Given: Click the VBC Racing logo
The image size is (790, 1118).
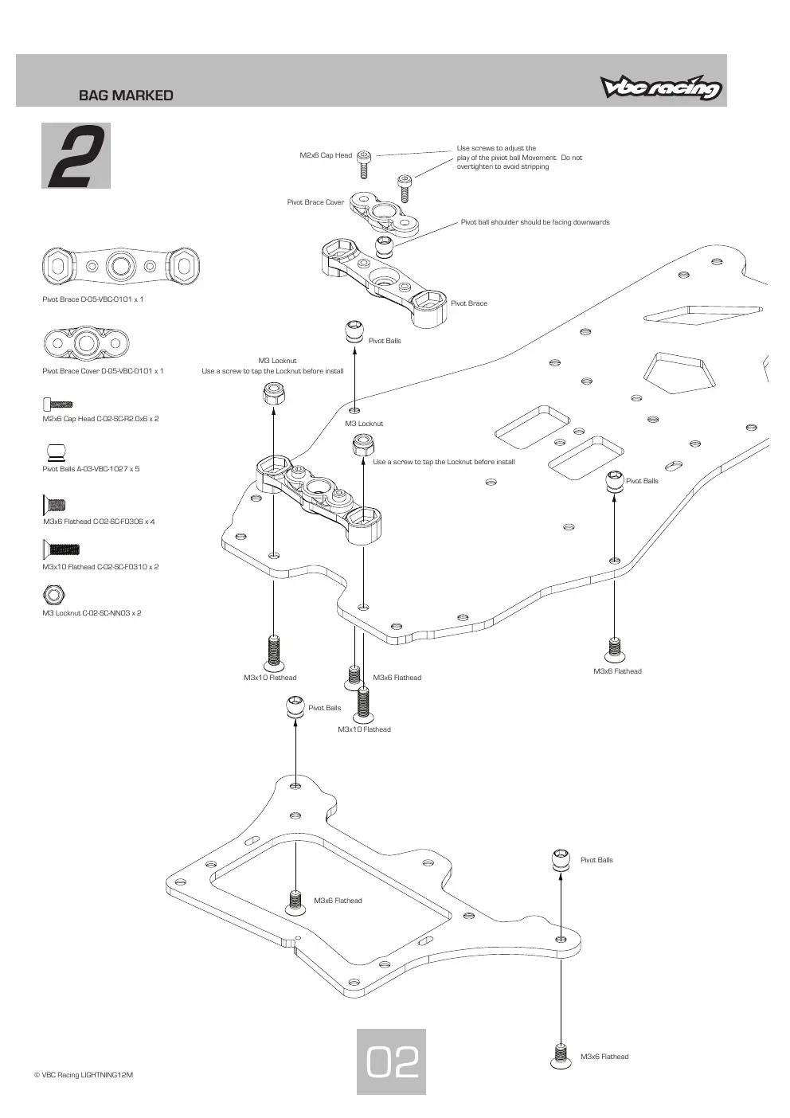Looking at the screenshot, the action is coord(661,88).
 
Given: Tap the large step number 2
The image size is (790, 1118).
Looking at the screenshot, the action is coord(76,156).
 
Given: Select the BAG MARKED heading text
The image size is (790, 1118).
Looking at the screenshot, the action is coord(126,96).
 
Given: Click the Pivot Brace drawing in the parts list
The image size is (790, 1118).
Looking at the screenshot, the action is coord(121,266).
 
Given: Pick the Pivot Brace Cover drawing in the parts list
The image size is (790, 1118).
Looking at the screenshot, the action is coord(86,343).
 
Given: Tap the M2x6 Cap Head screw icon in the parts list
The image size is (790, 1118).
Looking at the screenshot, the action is coord(58,404).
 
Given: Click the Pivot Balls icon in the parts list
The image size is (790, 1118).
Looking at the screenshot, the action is coord(56,452).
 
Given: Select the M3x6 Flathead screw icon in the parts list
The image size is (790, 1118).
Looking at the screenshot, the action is coord(54,505).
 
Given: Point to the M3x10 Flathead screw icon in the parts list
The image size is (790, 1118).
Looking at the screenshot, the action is coord(61,549).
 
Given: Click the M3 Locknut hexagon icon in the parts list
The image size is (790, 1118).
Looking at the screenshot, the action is coord(54,595).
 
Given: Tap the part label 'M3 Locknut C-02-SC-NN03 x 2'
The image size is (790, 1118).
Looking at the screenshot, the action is coord(92,613).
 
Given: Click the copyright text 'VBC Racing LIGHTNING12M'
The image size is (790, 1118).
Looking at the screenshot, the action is coord(84,1074).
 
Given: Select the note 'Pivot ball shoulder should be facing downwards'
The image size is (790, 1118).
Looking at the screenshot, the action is coord(535,222).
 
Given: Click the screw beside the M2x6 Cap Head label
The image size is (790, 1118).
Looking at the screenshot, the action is coord(364,164).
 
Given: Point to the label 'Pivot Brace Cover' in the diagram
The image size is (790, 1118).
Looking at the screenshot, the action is coord(315,202).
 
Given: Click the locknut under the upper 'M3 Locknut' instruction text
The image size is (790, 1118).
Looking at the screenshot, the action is coord(274,394).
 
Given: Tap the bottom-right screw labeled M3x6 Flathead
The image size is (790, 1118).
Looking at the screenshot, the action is coord(561,1057).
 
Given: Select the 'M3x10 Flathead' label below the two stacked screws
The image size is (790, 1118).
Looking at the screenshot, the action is coord(364,729).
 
